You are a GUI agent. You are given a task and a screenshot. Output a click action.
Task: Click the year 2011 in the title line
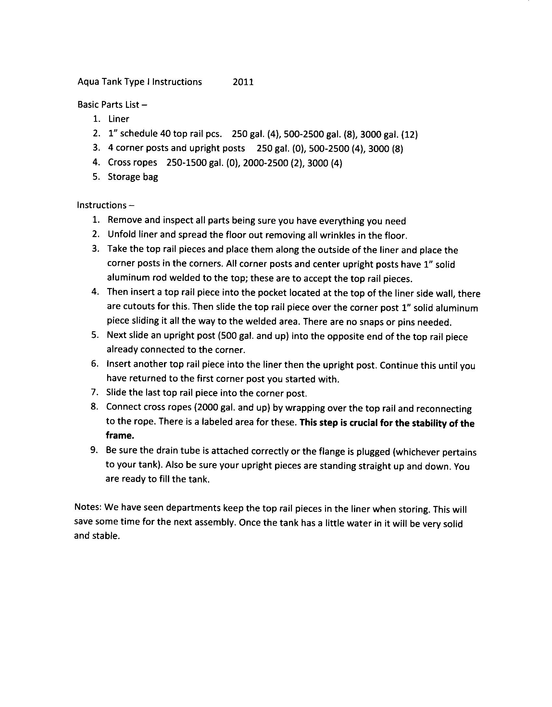[x=243, y=82]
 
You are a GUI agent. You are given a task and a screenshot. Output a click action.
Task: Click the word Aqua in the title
[x=88, y=82]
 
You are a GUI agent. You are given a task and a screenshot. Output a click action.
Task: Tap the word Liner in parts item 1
[x=119, y=119]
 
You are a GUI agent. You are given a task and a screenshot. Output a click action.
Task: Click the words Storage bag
[x=133, y=177]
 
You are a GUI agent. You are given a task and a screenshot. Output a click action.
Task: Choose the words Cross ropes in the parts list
[x=132, y=162]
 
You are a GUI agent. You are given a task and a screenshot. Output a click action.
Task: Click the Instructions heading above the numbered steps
[x=102, y=205]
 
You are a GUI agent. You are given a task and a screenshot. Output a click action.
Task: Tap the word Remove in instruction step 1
[x=124, y=220]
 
